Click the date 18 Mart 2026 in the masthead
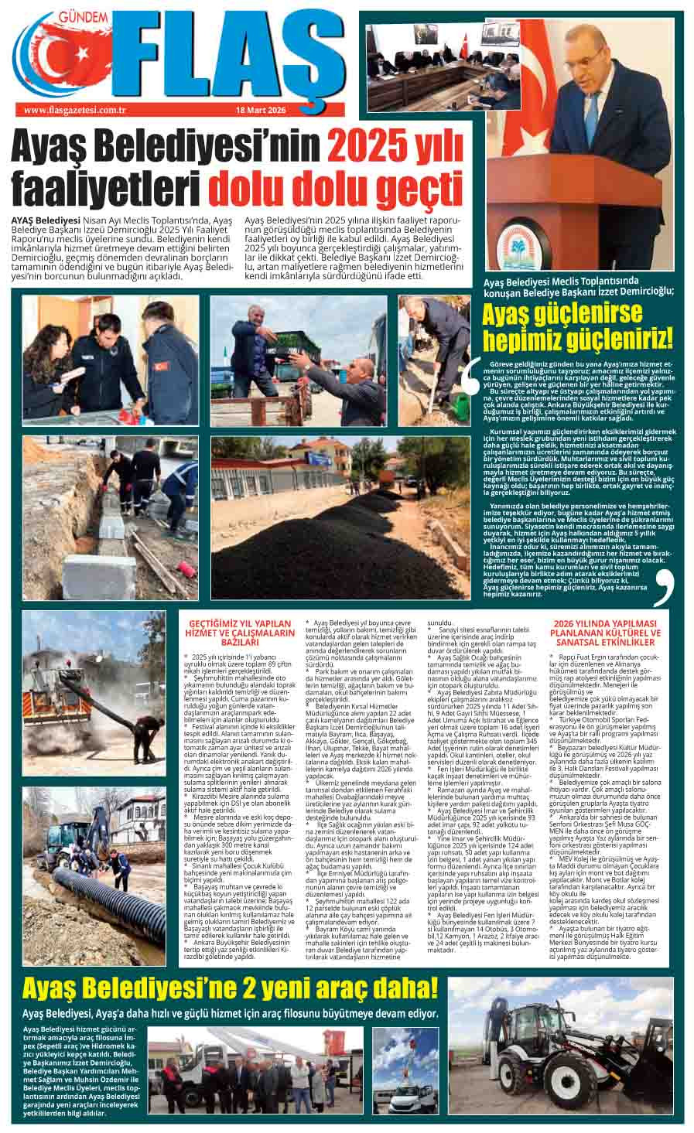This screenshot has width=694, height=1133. point(261,110)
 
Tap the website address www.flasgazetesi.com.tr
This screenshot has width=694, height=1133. point(75,110)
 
